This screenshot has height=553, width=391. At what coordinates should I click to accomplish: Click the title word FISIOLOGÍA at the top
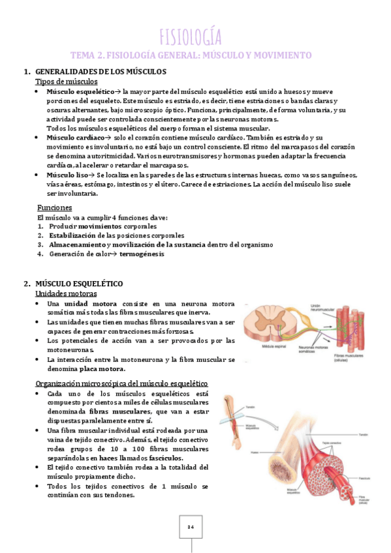[191, 36]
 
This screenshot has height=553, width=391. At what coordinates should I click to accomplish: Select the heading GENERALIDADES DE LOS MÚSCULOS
[101, 71]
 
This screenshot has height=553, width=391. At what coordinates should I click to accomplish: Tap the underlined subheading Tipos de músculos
[66, 82]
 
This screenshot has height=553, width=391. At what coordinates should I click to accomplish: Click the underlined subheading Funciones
[54, 207]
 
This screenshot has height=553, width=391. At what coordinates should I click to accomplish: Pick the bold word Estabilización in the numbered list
[74, 235]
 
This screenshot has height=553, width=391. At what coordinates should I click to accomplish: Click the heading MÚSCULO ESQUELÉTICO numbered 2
[82, 284]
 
